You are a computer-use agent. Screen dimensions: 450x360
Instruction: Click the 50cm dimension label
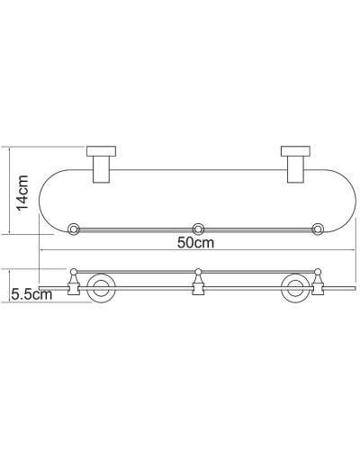click(x=196, y=243)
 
